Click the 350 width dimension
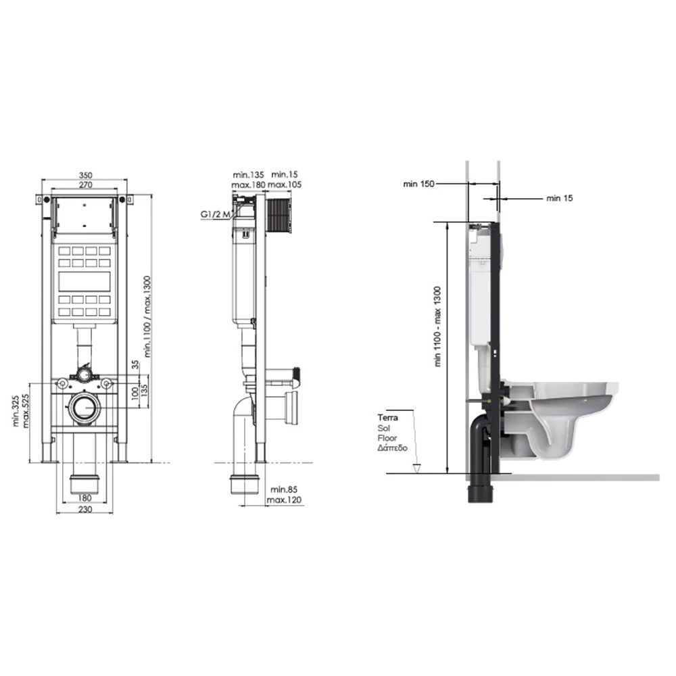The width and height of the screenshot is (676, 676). click(85, 175)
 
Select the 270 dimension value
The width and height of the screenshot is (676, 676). click(85, 185)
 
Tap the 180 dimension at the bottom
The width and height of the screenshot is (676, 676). click(85, 498)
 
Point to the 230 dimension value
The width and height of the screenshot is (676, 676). click(85, 509)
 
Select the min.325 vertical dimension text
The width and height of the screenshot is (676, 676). click(16, 411)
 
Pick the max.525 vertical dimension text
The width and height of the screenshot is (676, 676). click(26, 411)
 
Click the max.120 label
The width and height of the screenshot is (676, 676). click(284, 500)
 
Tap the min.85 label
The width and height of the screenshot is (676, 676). click(284, 489)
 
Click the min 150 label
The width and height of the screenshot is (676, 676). click(418, 184)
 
